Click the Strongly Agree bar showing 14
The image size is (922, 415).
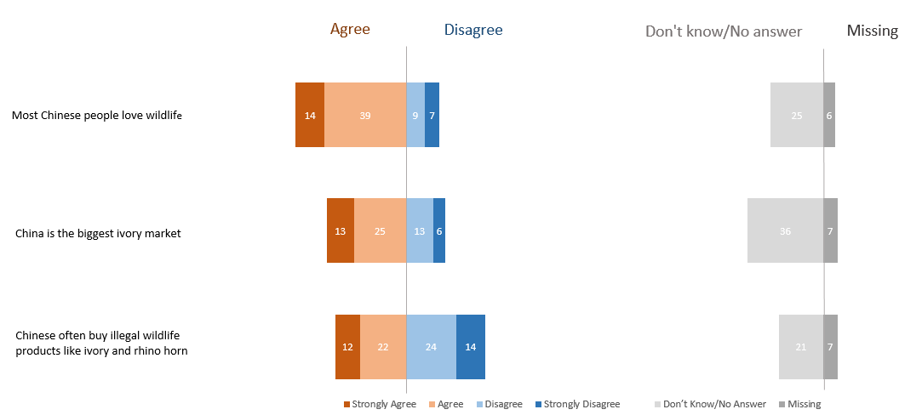(x=310, y=115)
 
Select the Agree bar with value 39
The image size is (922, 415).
(x=365, y=115)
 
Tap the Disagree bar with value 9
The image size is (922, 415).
(x=415, y=115)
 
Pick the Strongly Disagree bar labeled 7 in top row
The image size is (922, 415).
(x=432, y=115)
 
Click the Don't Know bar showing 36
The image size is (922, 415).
(x=785, y=230)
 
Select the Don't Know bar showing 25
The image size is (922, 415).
(x=797, y=115)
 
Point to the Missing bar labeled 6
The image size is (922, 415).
(x=829, y=115)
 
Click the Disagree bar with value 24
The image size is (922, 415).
(x=431, y=346)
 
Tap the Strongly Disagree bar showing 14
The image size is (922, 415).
(x=471, y=346)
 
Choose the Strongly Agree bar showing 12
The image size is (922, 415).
(x=347, y=346)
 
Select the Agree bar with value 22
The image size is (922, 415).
(x=383, y=346)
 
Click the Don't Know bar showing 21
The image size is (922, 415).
(x=801, y=346)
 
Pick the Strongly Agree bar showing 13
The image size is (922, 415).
(x=341, y=230)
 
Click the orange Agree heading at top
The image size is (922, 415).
(x=350, y=30)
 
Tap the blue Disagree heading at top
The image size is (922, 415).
(x=473, y=30)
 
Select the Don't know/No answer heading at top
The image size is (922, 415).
(x=724, y=31)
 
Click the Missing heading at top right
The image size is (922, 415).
(x=872, y=31)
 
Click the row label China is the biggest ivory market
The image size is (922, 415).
(x=98, y=233)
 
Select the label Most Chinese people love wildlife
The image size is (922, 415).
(x=97, y=115)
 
